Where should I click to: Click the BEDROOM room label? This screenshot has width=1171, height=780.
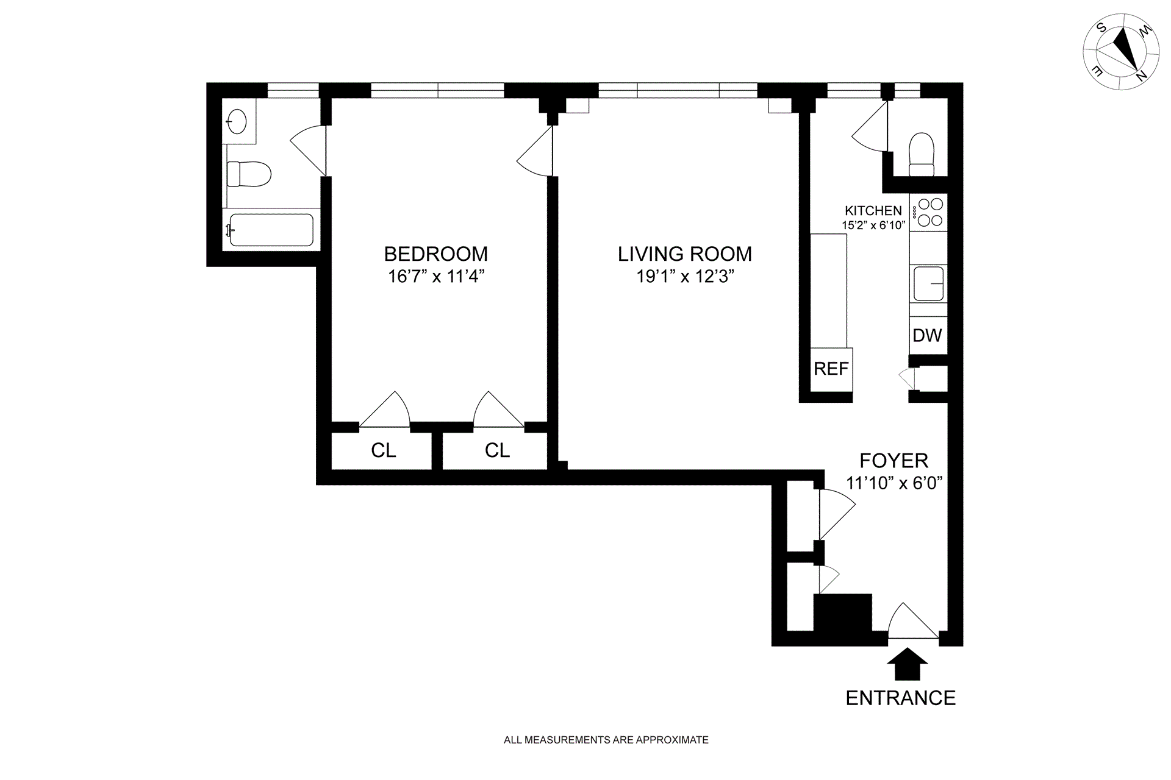(435, 253)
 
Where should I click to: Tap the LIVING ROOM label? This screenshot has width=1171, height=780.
(684, 253)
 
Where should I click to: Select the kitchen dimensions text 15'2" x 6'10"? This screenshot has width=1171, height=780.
(873, 225)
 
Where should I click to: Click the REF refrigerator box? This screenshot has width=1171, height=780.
(831, 369)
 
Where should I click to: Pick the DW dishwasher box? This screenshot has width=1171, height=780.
(928, 335)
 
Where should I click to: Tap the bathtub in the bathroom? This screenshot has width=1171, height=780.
(271, 230)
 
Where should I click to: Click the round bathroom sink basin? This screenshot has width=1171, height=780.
(237, 121)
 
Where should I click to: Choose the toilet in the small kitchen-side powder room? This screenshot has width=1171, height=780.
(922, 155)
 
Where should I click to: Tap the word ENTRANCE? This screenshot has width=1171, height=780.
(901, 698)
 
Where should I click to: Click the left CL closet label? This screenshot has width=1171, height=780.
(384, 450)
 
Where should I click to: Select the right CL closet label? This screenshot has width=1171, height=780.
(497, 450)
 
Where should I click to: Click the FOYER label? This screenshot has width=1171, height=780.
(894, 461)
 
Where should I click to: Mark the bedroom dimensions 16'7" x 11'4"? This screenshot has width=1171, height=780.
(436, 277)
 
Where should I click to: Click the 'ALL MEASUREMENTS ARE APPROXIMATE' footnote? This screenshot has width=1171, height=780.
(606, 740)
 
